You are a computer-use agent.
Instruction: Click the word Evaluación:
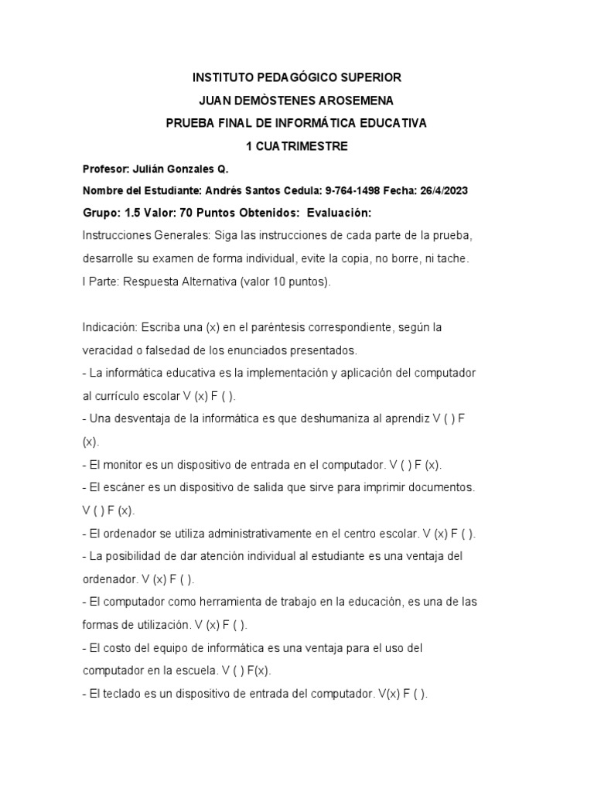pyautogui.click(x=340, y=213)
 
